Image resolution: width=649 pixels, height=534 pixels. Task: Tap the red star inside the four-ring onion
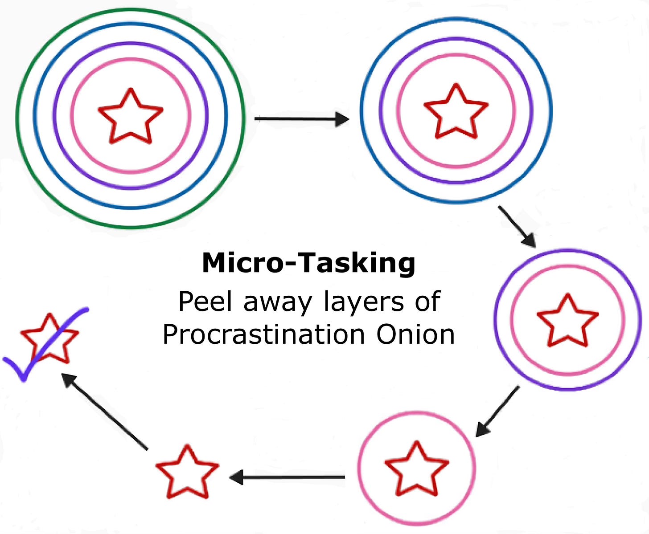tap(130, 117)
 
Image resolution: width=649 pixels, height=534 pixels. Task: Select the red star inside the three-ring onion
tap(456, 112)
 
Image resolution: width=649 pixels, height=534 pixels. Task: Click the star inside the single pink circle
tap(416, 469)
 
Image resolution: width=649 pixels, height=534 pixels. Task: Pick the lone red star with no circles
tap(187, 472)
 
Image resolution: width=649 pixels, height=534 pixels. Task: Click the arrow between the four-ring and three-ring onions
tap(301, 119)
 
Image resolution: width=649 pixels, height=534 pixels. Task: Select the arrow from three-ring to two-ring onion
tap(517, 226)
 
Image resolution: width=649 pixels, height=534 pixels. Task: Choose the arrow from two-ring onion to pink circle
tap(497, 411)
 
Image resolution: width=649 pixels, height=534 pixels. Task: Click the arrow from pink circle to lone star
tap(287, 477)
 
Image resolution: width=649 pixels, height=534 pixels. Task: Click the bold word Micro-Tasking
tap(308, 263)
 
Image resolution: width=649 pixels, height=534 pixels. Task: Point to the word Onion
tap(415, 334)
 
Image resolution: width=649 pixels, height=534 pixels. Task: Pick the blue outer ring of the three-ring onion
tap(456, 20)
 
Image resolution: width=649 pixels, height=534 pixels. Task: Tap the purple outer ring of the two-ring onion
tap(567, 250)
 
